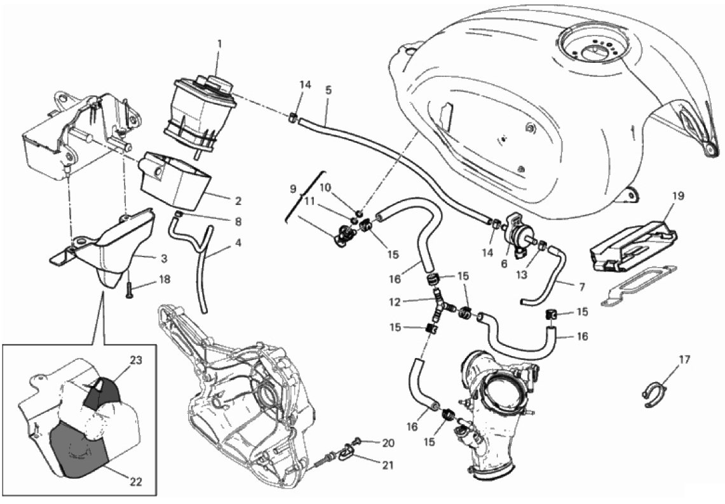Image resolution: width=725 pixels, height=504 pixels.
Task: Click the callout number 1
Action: click(x=219, y=44)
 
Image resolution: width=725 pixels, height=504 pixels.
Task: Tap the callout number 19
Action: click(x=678, y=196)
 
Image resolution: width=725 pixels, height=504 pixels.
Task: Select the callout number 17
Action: click(x=684, y=360)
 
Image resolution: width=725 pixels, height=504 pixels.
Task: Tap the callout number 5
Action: click(x=328, y=90)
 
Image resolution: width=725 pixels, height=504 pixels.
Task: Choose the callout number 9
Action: click(x=292, y=189)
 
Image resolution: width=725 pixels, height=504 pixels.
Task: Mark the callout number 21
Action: click(x=387, y=465)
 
